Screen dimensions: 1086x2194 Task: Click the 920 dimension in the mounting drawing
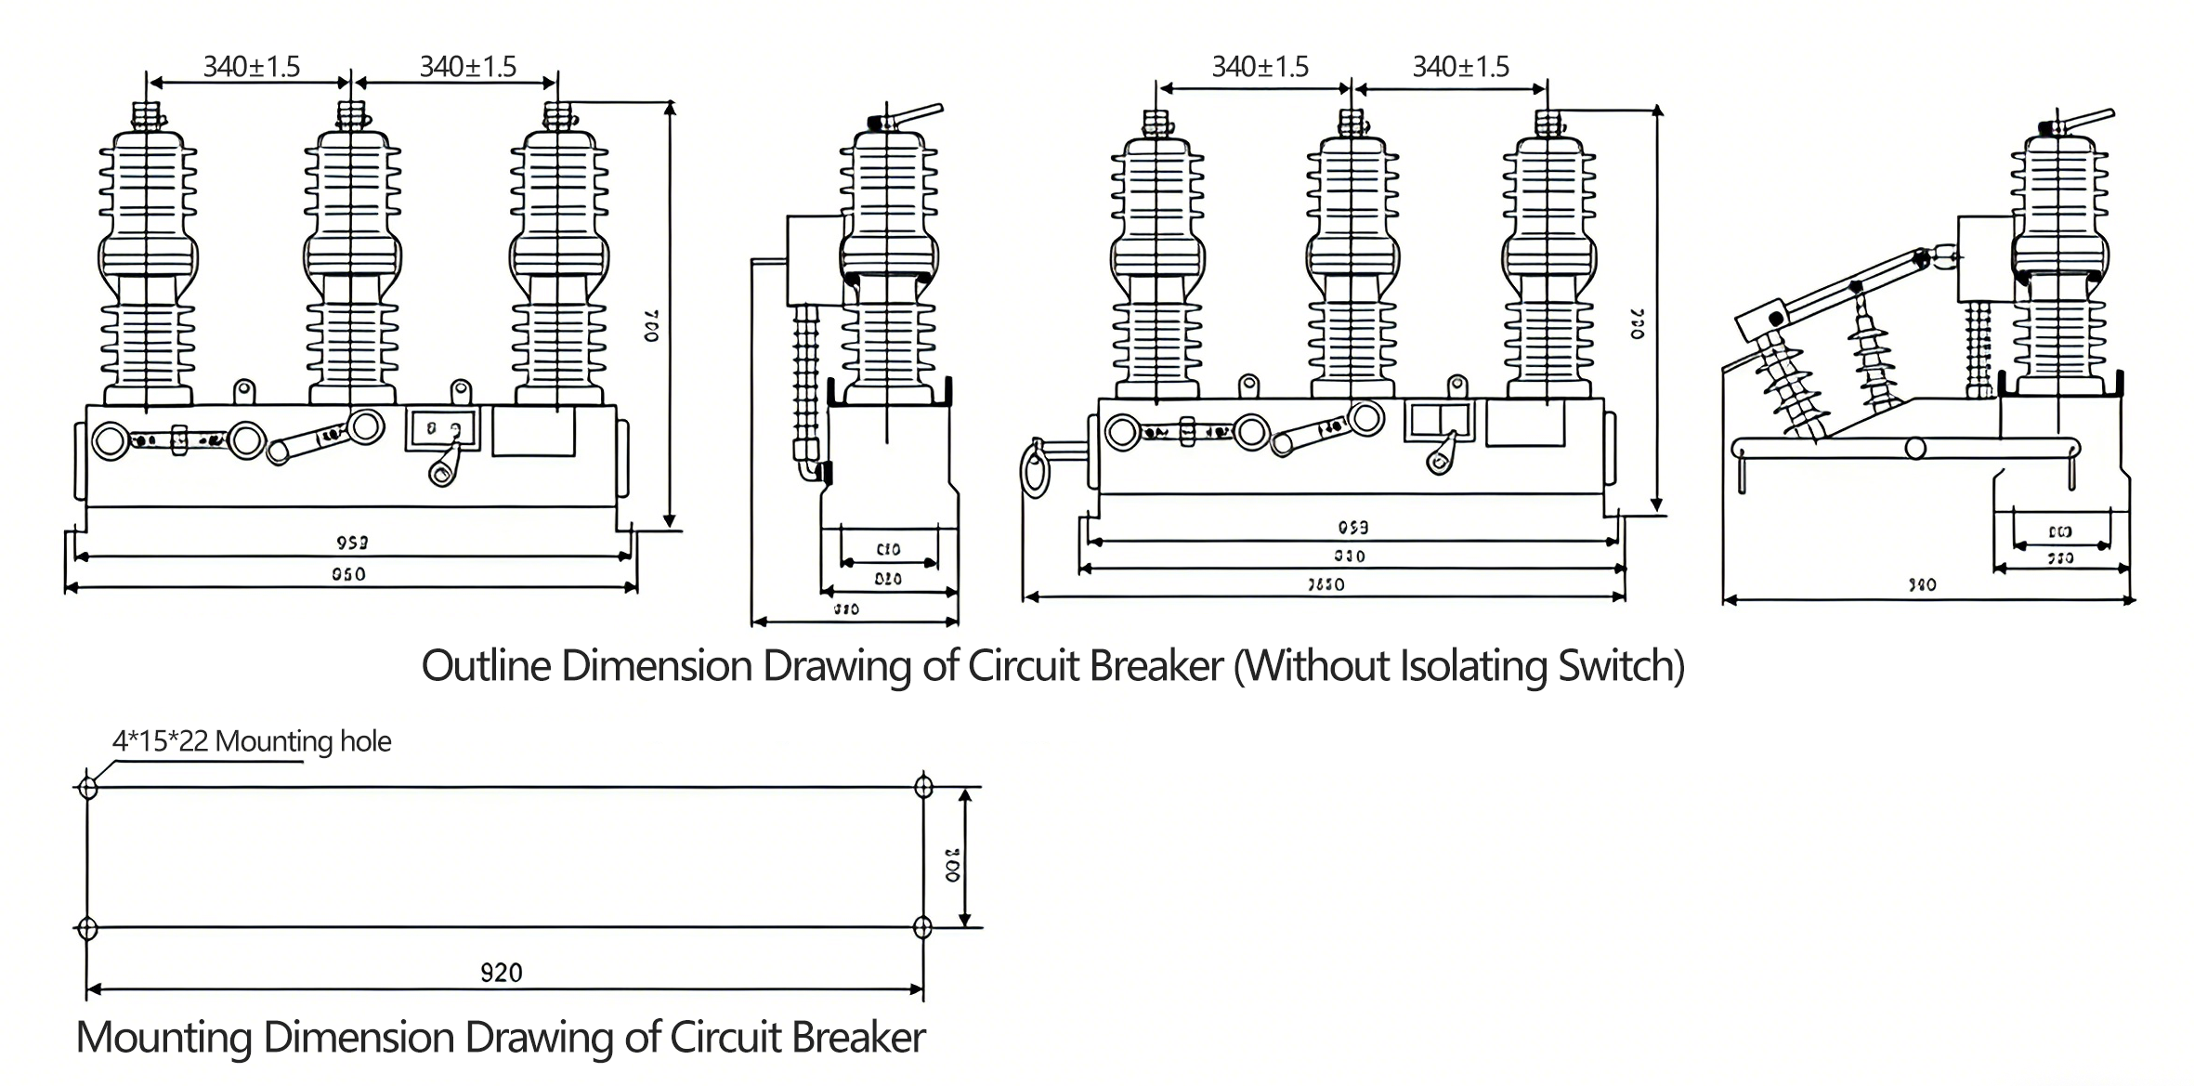click(x=501, y=972)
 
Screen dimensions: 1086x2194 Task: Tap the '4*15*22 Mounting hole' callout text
click(x=251, y=741)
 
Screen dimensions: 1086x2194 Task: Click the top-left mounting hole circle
click(x=88, y=788)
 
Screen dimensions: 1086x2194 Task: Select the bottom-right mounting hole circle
click(x=922, y=927)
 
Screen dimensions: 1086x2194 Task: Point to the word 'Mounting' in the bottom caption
click(x=163, y=1038)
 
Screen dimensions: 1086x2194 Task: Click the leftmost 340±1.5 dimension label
click(x=251, y=67)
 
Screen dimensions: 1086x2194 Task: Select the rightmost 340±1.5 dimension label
click(x=1460, y=67)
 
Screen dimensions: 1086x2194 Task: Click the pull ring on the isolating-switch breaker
click(x=1034, y=469)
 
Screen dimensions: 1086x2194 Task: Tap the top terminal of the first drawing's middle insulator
click(x=350, y=114)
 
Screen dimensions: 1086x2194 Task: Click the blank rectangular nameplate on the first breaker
click(x=533, y=431)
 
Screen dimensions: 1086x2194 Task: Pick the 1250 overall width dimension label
click(x=1326, y=584)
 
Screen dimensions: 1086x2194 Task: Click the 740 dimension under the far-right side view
click(x=1922, y=585)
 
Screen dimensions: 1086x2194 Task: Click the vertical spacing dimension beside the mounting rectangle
click(x=953, y=864)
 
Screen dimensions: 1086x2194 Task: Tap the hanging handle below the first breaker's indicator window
click(x=444, y=464)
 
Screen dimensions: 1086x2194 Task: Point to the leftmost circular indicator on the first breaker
click(x=110, y=441)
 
